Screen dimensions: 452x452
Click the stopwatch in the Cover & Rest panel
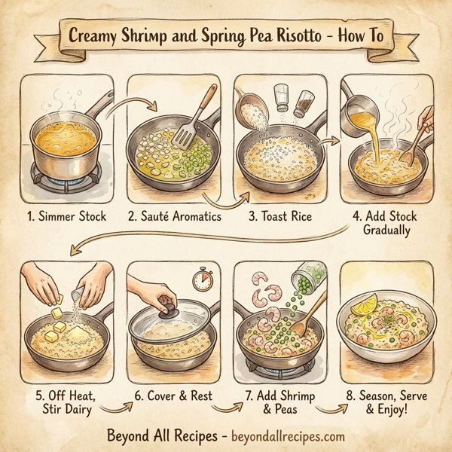pos(201,281)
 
